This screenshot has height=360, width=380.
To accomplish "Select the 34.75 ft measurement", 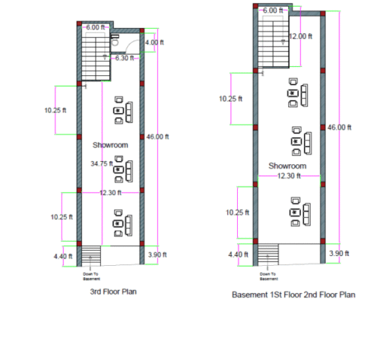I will click(99, 163).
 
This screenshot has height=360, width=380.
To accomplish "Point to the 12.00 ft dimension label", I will click(301, 36).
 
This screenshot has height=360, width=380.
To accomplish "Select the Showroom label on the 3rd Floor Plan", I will click(110, 144).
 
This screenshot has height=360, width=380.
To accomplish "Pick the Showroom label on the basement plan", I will click(287, 166).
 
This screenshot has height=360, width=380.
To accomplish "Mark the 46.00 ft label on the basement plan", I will click(339, 128).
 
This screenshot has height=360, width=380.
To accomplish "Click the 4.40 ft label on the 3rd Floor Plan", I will click(62, 256).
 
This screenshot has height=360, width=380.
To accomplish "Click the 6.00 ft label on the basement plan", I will click(273, 11).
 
